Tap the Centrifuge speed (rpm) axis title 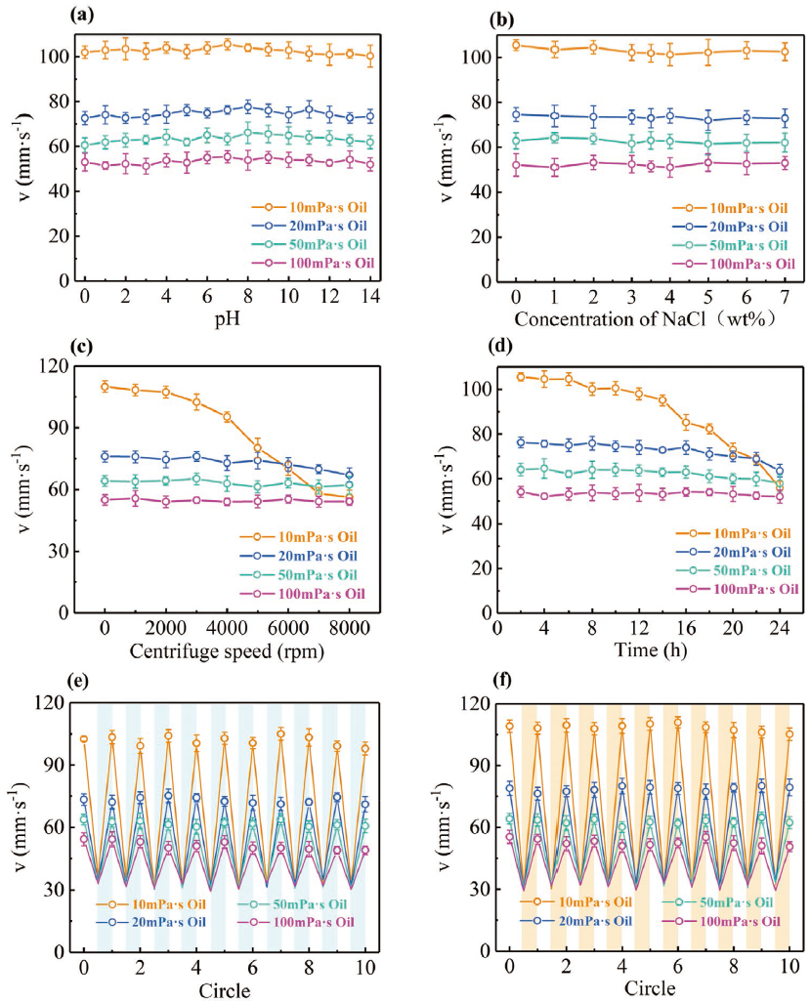tap(227, 651)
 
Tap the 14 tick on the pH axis tap(369, 295)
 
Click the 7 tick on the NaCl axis tap(784, 295)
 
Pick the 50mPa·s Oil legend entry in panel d tap(747, 570)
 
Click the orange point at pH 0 tap(85, 52)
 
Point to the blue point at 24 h tap(779, 470)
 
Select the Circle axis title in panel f tap(649, 988)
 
